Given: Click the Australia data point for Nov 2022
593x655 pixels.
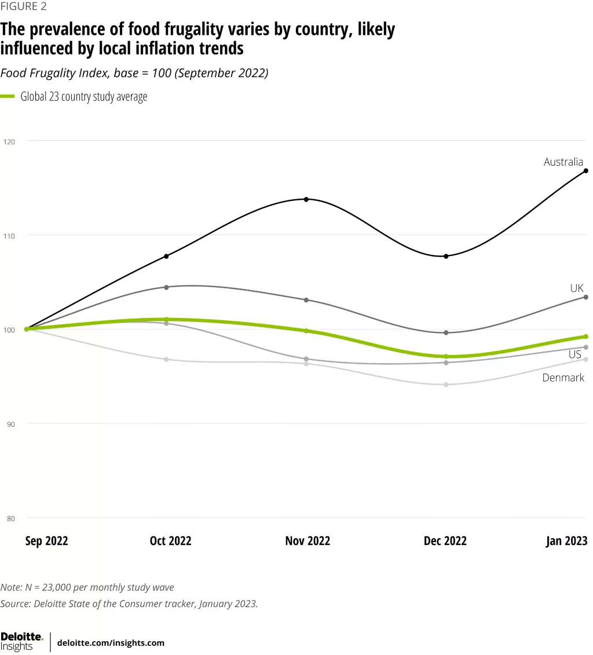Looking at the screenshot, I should (306, 199).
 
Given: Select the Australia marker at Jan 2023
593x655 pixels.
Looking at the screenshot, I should (586, 171).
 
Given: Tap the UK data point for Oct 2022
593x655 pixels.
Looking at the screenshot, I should (167, 287).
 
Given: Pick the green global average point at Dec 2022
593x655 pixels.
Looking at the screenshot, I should (446, 357).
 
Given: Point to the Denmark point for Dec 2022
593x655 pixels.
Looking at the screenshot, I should (446, 385).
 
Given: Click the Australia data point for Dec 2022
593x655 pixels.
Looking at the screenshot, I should (446, 256).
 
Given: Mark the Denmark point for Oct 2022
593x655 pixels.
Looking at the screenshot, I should (167, 360).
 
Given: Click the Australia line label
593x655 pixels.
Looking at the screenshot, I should (563, 162).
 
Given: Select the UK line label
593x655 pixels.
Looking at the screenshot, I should (576, 288).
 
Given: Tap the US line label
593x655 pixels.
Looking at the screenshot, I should (574, 354).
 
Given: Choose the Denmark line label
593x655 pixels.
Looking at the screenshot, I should (563, 378).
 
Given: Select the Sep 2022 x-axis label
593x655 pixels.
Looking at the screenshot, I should (47, 541).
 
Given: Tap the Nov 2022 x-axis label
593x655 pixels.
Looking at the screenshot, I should (308, 541).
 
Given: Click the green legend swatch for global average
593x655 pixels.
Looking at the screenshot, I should (8, 97).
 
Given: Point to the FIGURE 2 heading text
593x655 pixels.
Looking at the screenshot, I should (23, 7).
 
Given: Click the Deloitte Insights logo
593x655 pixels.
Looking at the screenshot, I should (22, 641).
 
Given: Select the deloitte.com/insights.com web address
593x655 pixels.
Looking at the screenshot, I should (111, 643).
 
